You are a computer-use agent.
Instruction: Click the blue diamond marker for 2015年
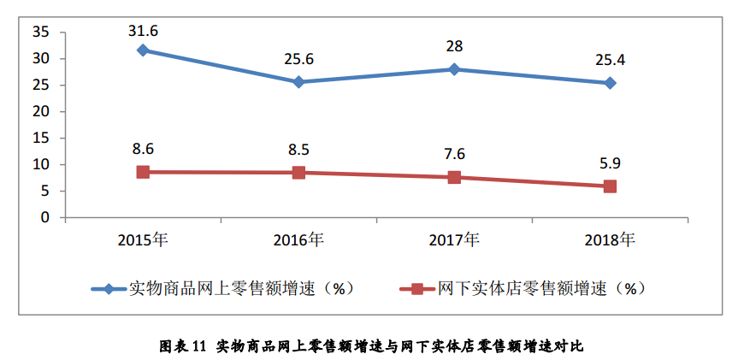click(x=143, y=50)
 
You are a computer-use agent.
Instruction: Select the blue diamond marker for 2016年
click(x=298, y=82)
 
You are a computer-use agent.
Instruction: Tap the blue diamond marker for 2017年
click(x=454, y=69)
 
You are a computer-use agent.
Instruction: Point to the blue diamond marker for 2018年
click(x=610, y=83)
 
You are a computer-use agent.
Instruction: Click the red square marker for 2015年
click(x=143, y=172)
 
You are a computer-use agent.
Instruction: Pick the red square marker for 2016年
click(x=298, y=173)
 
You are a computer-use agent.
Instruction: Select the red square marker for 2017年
click(x=454, y=177)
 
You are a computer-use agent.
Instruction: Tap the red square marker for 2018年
click(x=610, y=186)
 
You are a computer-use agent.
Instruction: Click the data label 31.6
click(x=143, y=31)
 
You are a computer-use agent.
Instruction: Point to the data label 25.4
click(x=610, y=62)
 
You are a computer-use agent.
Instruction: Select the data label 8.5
click(x=298, y=150)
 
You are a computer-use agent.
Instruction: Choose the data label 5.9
click(x=610, y=162)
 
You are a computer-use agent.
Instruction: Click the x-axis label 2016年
click(x=298, y=239)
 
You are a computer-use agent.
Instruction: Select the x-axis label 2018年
click(x=610, y=239)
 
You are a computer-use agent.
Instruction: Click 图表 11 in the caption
click(x=184, y=346)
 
